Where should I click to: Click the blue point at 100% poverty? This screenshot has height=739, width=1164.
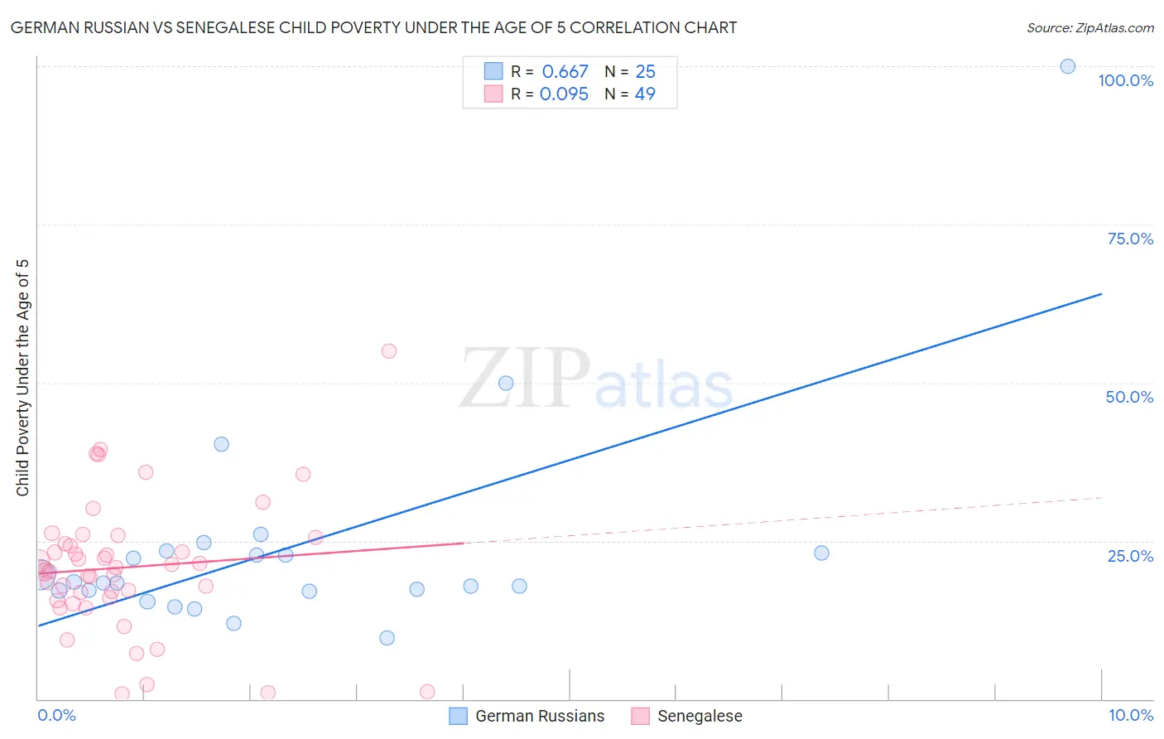click(1068, 66)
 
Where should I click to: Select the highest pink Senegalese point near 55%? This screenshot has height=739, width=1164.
click(389, 351)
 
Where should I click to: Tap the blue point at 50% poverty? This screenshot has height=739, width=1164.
click(506, 384)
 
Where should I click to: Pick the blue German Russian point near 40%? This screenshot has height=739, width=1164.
click(221, 444)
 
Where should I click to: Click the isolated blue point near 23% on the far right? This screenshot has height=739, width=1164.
click(821, 553)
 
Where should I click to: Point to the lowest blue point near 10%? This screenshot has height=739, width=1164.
click(387, 638)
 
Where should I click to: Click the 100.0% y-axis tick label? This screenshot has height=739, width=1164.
click(1125, 80)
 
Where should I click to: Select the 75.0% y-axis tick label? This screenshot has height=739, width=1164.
click(1130, 239)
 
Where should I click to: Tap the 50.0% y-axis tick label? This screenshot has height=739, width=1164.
click(1129, 397)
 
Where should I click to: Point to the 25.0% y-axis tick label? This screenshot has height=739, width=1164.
click(1130, 556)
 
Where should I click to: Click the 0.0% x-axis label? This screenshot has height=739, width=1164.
click(56, 715)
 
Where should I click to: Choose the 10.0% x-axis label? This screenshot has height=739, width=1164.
click(1130, 715)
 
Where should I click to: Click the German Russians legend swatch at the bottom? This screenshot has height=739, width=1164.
click(459, 716)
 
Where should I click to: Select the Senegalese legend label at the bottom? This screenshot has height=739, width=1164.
click(700, 716)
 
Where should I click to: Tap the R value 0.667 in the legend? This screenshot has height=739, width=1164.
click(565, 72)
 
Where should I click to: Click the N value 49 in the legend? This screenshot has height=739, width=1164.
click(645, 94)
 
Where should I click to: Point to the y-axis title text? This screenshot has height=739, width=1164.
click(22, 378)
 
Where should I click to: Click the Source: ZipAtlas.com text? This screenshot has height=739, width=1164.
click(1089, 28)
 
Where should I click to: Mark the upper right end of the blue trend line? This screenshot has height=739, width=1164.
click(1101, 294)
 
